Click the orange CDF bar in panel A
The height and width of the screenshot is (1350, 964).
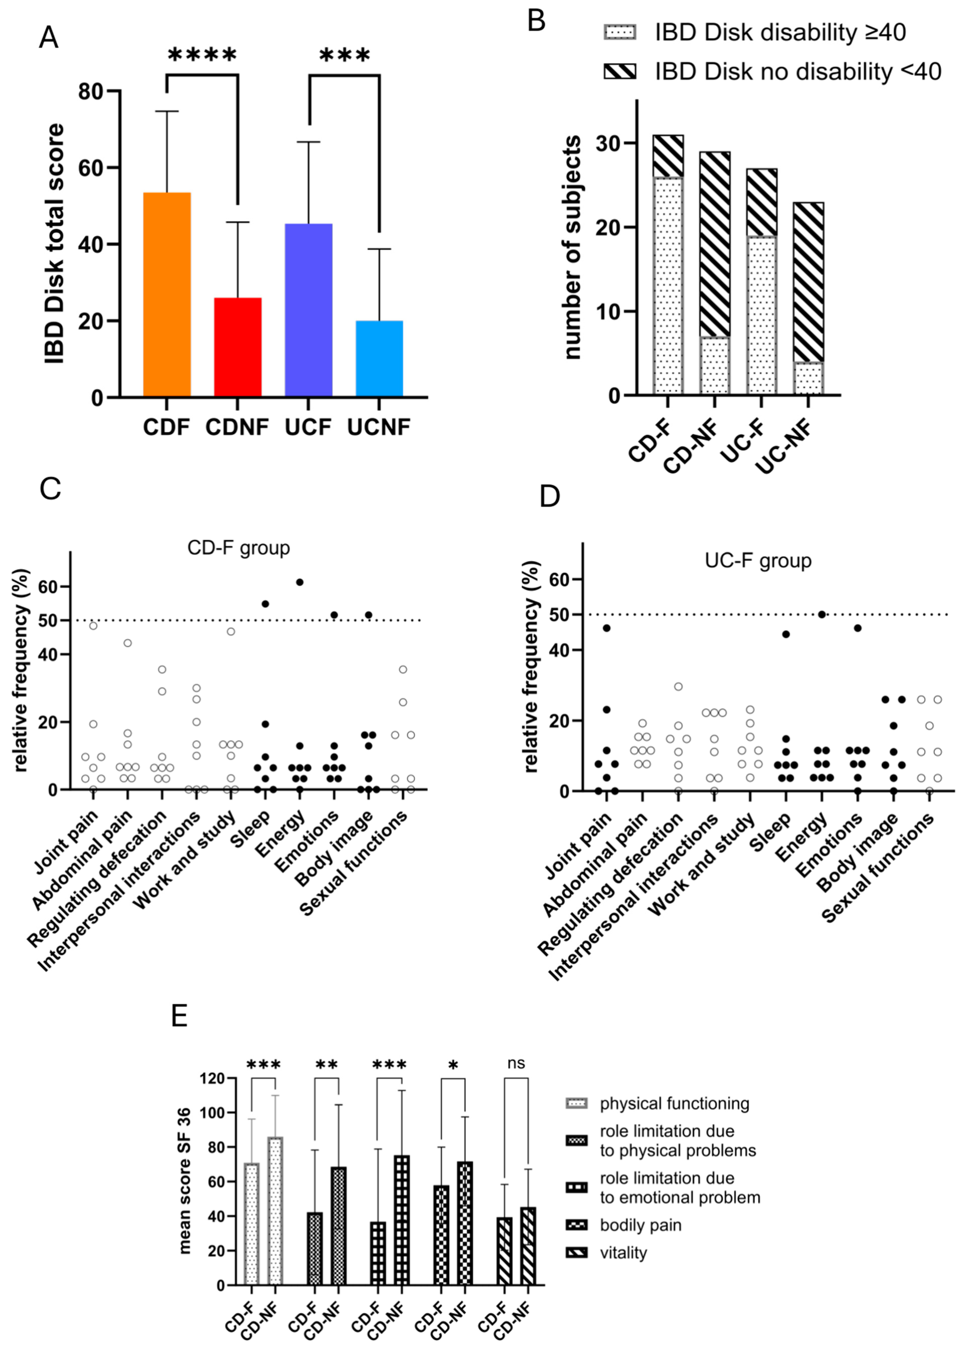167,294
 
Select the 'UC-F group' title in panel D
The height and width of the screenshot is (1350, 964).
758,561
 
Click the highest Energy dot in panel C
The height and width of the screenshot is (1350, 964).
300,582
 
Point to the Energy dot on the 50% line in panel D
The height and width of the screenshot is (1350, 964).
822,614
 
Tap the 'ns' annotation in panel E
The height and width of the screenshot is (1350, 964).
516,1062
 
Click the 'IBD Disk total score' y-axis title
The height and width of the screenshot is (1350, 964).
55,243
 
